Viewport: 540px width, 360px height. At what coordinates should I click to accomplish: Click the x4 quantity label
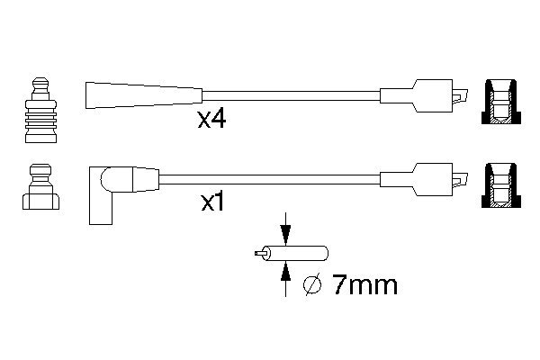(x=211, y=120)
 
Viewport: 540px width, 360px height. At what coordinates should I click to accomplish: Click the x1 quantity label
(x=212, y=202)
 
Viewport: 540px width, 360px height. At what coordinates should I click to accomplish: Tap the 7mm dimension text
(x=365, y=285)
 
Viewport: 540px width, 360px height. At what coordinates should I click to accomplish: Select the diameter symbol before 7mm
(x=312, y=285)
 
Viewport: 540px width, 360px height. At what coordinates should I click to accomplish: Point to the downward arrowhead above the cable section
(x=285, y=235)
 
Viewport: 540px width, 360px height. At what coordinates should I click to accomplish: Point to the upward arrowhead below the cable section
(x=285, y=272)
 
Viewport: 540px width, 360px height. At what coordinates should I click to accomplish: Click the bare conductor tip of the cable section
(x=260, y=254)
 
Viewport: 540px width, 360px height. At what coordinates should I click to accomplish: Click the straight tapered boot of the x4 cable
(x=144, y=95)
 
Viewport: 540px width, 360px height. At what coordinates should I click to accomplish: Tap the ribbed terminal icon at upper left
(x=40, y=110)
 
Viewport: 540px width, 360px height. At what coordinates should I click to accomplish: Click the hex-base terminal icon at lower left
(x=40, y=187)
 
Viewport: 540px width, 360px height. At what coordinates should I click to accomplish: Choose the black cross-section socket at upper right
(x=501, y=102)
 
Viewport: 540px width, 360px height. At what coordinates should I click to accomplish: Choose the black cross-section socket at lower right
(x=501, y=185)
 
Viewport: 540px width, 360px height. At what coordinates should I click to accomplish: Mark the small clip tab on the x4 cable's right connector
(x=460, y=95)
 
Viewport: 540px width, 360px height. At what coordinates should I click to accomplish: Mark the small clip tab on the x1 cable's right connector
(x=460, y=179)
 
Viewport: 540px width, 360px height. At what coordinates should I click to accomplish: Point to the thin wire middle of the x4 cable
(x=291, y=95)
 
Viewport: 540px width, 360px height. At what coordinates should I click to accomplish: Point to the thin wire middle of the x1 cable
(x=270, y=179)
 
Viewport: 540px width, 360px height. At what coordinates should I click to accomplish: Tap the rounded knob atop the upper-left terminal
(x=40, y=85)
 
